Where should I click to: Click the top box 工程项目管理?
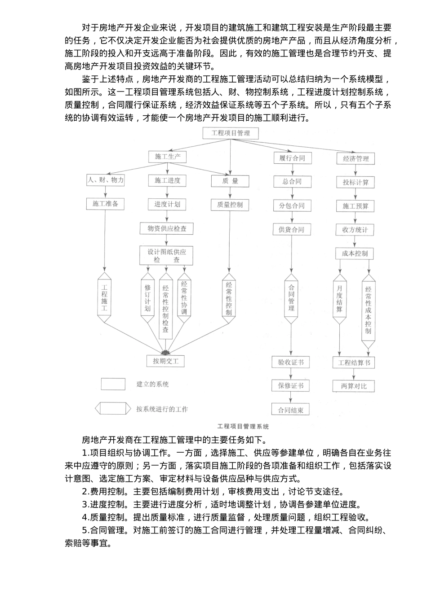click(231, 133)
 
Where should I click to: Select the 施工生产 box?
click(168, 157)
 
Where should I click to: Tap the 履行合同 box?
click(292, 158)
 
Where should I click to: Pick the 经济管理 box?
click(356, 158)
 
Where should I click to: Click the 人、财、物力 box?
click(106, 180)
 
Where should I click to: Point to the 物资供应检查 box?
click(167, 228)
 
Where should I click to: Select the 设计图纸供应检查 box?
click(167, 255)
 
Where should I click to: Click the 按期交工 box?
click(166, 361)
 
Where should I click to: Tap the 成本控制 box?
click(355, 253)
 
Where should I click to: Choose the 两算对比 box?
click(354, 386)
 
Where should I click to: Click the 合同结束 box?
click(291, 410)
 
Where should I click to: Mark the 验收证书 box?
click(291, 363)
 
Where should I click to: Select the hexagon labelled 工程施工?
click(104, 297)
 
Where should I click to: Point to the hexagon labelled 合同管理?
click(291, 297)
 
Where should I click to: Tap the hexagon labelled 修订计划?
click(147, 297)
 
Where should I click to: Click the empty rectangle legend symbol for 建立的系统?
click(113, 385)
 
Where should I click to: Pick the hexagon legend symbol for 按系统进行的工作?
click(113, 409)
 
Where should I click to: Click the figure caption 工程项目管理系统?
click(243, 427)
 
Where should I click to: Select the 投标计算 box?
click(355, 182)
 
